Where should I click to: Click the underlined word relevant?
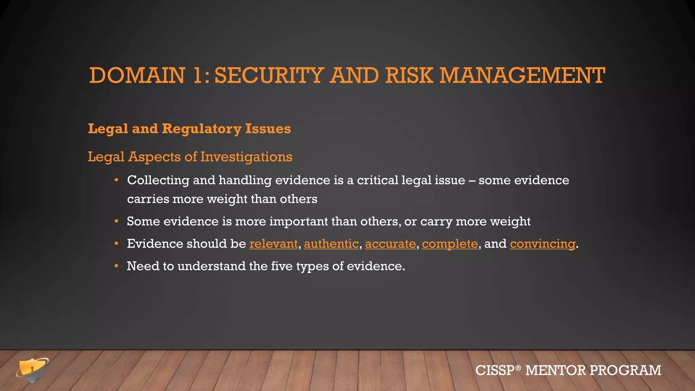[x=274, y=244]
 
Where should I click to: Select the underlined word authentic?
[x=331, y=244]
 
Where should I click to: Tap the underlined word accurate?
[x=390, y=244]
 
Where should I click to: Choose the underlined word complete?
[x=450, y=244]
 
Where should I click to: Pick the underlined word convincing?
[x=542, y=244]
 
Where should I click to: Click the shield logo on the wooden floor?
[x=32, y=370]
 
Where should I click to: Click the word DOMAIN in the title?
[x=137, y=75]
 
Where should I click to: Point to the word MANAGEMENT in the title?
[x=522, y=75]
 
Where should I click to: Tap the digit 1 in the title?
[x=198, y=75]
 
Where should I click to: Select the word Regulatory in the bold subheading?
[x=202, y=129]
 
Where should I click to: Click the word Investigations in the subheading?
[x=246, y=157]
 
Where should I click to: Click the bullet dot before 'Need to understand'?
[x=116, y=266]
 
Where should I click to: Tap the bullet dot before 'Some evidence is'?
[x=116, y=221]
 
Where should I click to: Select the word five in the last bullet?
[x=282, y=266]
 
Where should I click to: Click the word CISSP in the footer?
[x=495, y=370]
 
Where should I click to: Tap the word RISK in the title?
[x=409, y=75]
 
